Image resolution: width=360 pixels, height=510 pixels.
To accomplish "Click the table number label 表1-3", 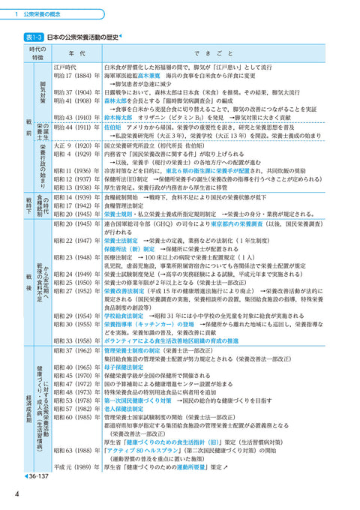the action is pyautogui.click(x=34, y=37).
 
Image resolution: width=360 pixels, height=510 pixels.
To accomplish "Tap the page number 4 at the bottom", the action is pyautogui.click(x=16, y=493).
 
